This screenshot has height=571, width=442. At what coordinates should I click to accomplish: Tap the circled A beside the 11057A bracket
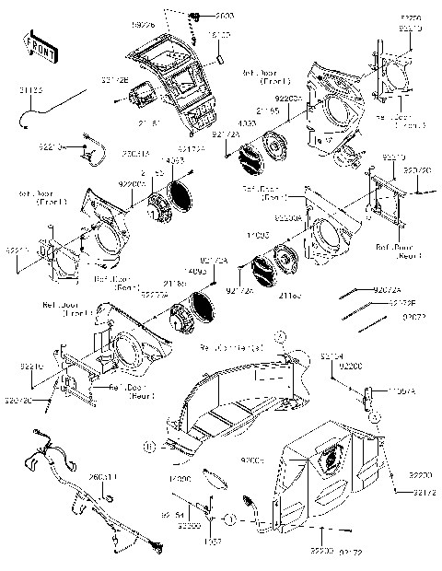375,417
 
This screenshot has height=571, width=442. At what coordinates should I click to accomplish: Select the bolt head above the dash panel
195,18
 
